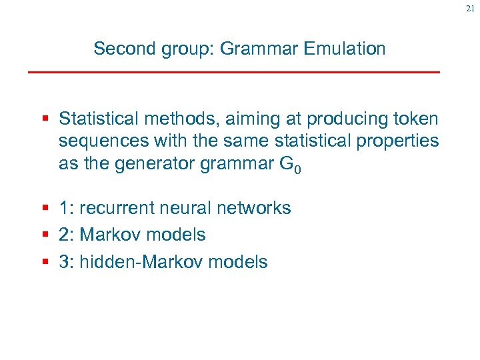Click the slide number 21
point(470,9)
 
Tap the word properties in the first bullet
point(401,141)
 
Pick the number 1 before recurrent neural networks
point(63,208)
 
